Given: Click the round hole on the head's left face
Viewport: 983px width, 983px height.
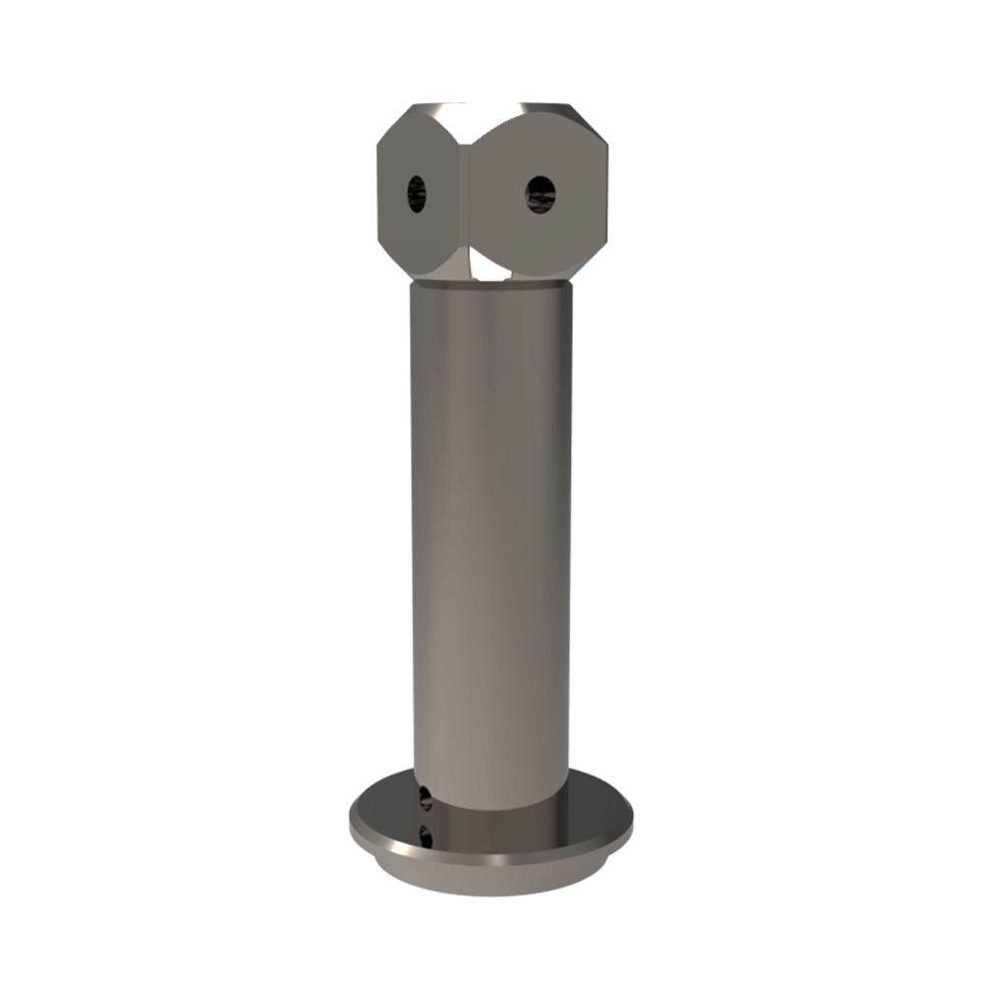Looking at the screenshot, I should pos(417,193).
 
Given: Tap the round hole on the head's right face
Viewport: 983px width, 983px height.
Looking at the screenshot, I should pos(541,193).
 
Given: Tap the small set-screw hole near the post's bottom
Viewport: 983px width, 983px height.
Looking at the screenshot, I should pos(425,797).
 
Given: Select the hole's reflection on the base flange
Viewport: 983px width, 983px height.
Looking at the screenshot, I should pos(425,836).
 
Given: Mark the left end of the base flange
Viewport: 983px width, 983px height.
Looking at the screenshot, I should pos(354,822).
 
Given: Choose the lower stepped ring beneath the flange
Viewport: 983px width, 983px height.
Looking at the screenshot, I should pos(491,880).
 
